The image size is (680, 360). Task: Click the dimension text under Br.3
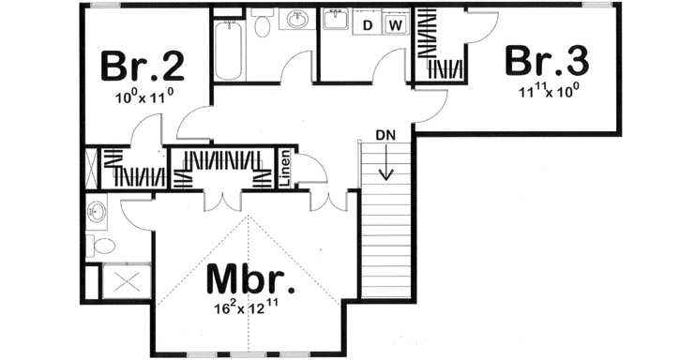point(549,91)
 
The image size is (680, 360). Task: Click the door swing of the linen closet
point(315,166)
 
